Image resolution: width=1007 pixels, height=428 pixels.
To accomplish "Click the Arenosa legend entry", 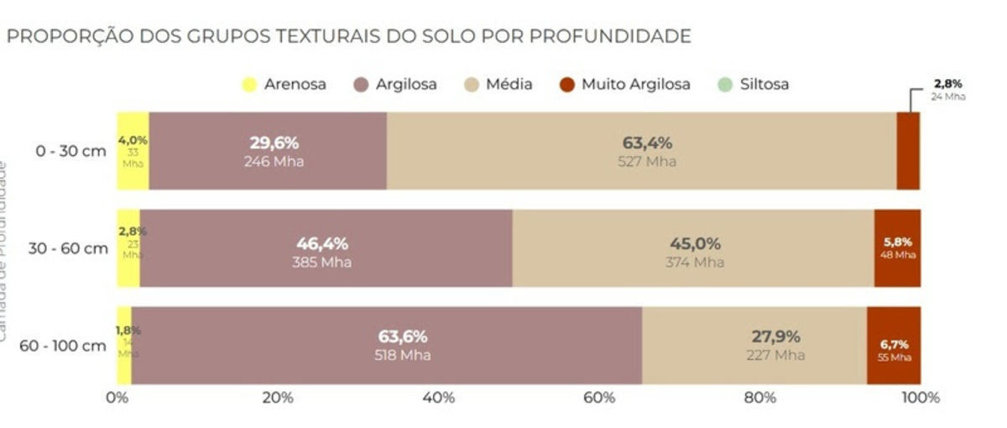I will click(x=284, y=84).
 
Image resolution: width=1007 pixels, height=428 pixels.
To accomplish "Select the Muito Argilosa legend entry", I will click(x=625, y=84).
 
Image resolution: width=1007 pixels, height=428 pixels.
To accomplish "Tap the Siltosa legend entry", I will click(x=754, y=84).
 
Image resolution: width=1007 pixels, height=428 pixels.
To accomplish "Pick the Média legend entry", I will click(x=498, y=84).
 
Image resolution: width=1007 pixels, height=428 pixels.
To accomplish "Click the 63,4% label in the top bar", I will click(x=646, y=143).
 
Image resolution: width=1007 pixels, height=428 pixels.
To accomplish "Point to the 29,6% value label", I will click(x=274, y=143).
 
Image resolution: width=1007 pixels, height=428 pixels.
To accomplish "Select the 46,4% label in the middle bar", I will click(x=321, y=244).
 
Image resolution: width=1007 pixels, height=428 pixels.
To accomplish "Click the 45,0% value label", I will click(x=695, y=244).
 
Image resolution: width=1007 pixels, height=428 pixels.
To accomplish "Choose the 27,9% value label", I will click(x=775, y=337).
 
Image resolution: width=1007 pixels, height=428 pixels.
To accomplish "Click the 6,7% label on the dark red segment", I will click(x=894, y=344).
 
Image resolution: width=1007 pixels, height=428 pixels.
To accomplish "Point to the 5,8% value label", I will click(x=897, y=242).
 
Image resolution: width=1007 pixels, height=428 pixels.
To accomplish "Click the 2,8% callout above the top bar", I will click(x=947, y=84).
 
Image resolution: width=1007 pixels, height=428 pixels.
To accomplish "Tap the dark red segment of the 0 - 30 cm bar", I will click(x=908, y=151).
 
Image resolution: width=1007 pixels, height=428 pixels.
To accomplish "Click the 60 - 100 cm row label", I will click(x=65, y=346).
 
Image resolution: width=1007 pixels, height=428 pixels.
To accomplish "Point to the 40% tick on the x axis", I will click(x=438, y=398).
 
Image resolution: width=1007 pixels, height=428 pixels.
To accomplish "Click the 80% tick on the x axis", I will click(x=759, y=398).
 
